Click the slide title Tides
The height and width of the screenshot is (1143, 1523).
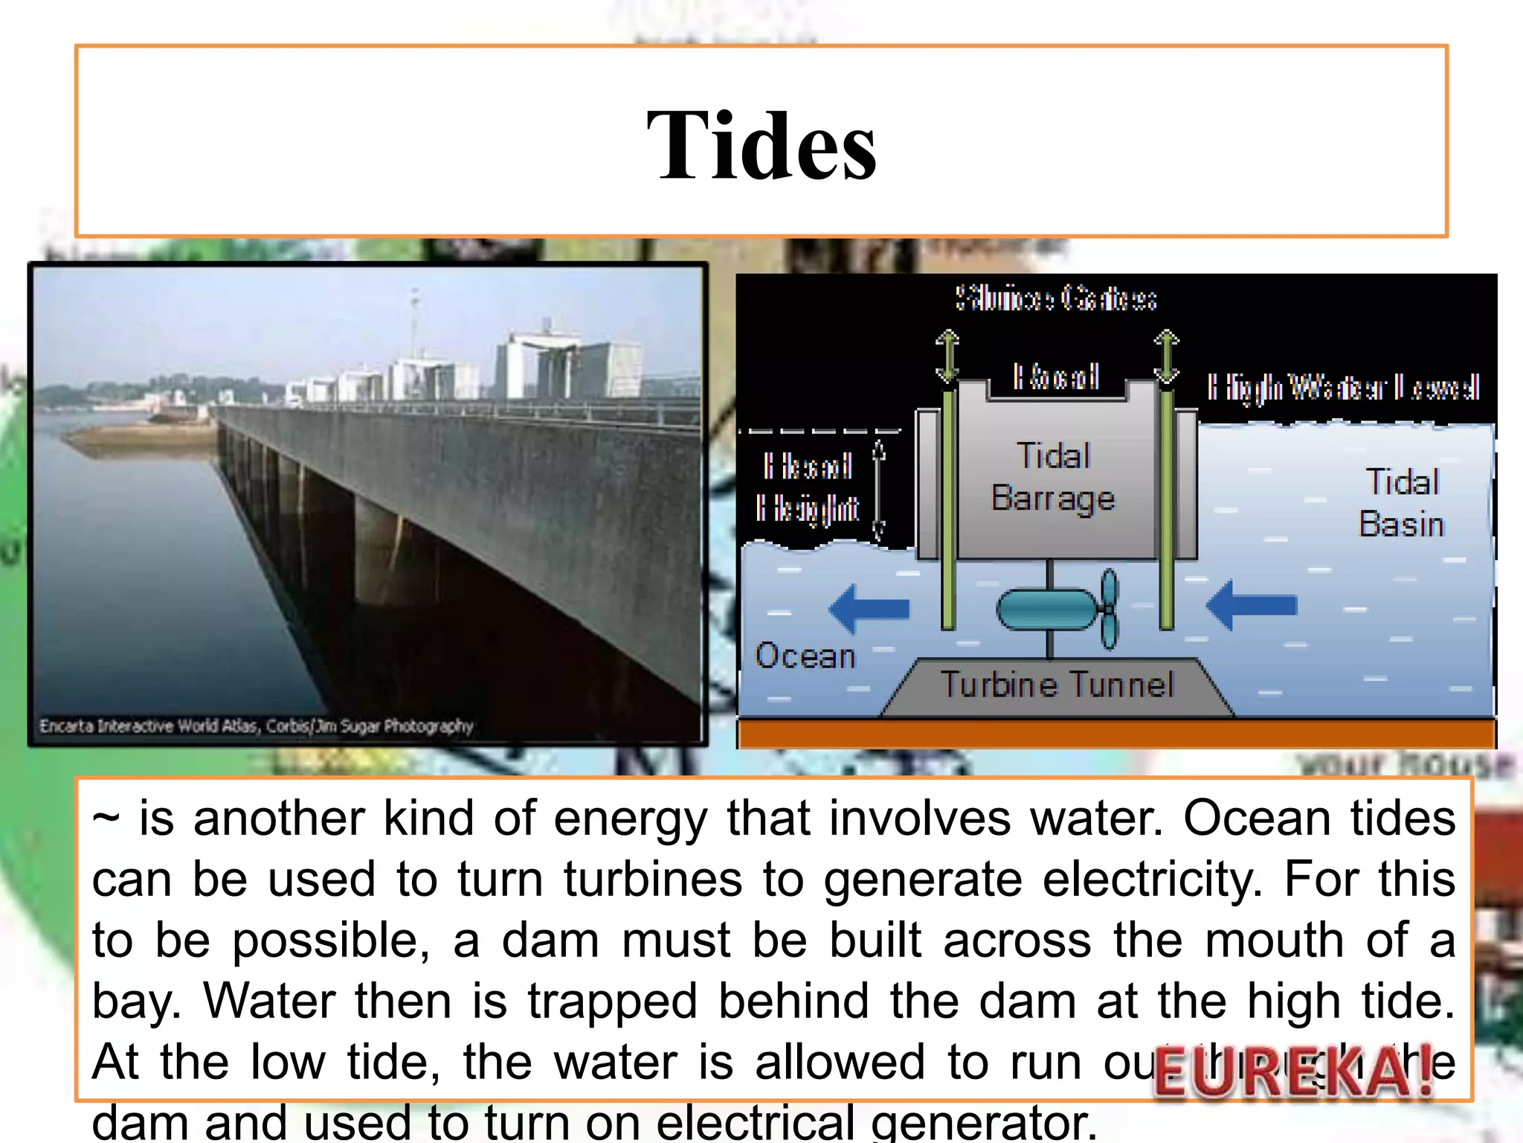coord(761,145)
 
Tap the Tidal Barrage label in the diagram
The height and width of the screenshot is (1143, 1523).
coord(1053,476)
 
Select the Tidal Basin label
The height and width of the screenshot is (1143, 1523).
coord(1401,503)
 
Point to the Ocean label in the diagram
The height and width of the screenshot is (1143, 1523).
coord(805,656)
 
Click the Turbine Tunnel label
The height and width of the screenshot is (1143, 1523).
coord(1057,685)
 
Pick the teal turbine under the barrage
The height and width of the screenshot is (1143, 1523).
coord(1056,609)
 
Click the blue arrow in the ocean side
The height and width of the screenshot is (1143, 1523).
coord(869,609)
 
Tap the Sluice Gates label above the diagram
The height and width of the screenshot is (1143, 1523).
coord(1056,299)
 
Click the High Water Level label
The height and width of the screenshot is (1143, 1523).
coord(1343,388)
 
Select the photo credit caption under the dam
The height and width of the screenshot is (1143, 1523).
coord(257,726)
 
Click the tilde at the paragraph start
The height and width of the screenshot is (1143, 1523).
coord(106,819)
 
